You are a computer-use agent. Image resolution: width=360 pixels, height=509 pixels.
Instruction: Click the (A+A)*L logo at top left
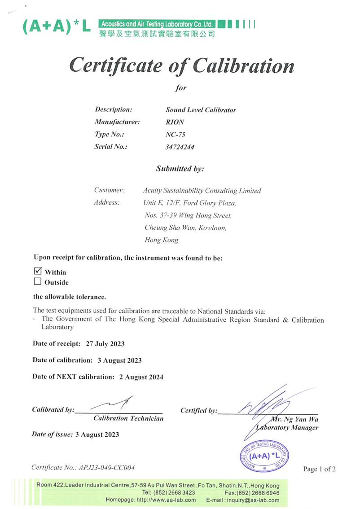coord(56,26)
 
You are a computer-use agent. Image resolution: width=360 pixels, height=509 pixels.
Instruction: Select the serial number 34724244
coord(180,147)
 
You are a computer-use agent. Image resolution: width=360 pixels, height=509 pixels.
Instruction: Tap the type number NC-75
coord(175,134)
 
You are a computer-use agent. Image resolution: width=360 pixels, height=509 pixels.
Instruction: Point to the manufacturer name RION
coord(175,122)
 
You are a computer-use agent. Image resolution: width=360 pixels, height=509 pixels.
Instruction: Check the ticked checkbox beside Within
coord(38,271)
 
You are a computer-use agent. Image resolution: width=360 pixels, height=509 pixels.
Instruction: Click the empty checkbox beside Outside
coord(38,282)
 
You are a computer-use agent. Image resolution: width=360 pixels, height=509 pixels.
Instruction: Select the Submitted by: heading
coord(180,169)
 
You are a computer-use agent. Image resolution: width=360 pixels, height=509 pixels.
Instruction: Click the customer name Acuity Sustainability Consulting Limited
coord(202,191)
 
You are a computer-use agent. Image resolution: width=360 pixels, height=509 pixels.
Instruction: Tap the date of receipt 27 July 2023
coord(104,344)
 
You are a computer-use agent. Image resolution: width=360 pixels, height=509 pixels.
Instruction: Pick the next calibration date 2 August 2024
coord(141,377)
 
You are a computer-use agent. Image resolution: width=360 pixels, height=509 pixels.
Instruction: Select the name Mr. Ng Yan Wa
coord(294,419)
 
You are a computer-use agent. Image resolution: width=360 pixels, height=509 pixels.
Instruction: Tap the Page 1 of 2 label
coord(319,469)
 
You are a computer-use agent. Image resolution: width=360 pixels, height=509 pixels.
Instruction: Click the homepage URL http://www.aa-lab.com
coord(166,500)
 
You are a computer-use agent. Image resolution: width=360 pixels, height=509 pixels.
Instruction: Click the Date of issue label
coord(52,434)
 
